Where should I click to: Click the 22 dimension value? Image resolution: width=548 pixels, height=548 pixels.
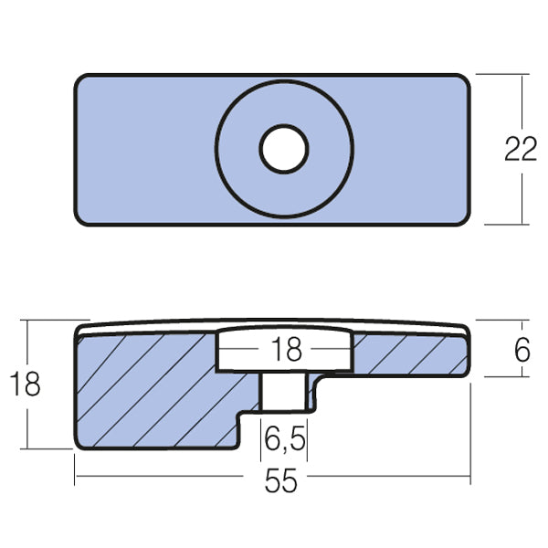click(x=521, y=150)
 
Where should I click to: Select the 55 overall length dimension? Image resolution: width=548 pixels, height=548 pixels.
click(x=282, y=481)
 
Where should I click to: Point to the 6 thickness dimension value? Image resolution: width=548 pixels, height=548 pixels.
click(x=522, y=349)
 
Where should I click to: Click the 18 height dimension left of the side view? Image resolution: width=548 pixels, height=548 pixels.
click(x=27, y=385)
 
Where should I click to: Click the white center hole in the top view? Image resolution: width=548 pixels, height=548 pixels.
click(x=283, y=150)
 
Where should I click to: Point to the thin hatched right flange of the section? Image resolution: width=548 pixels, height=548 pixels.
click(x=411, y=354)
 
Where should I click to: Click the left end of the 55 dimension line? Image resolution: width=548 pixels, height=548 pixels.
click(x=76, y=478)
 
